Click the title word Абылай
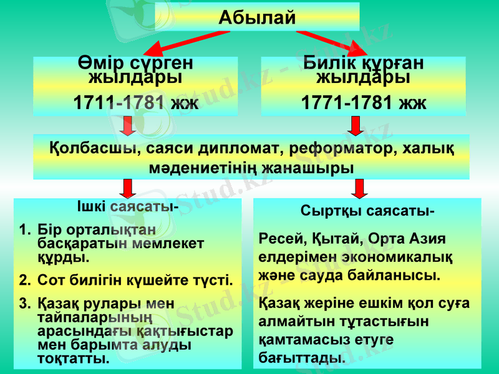tap(257, 17)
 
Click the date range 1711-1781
tap(119, 102)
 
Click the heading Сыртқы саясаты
tap(368, 211)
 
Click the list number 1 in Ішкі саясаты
tap(23, 231)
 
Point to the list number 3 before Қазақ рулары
tap(23, 304)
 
